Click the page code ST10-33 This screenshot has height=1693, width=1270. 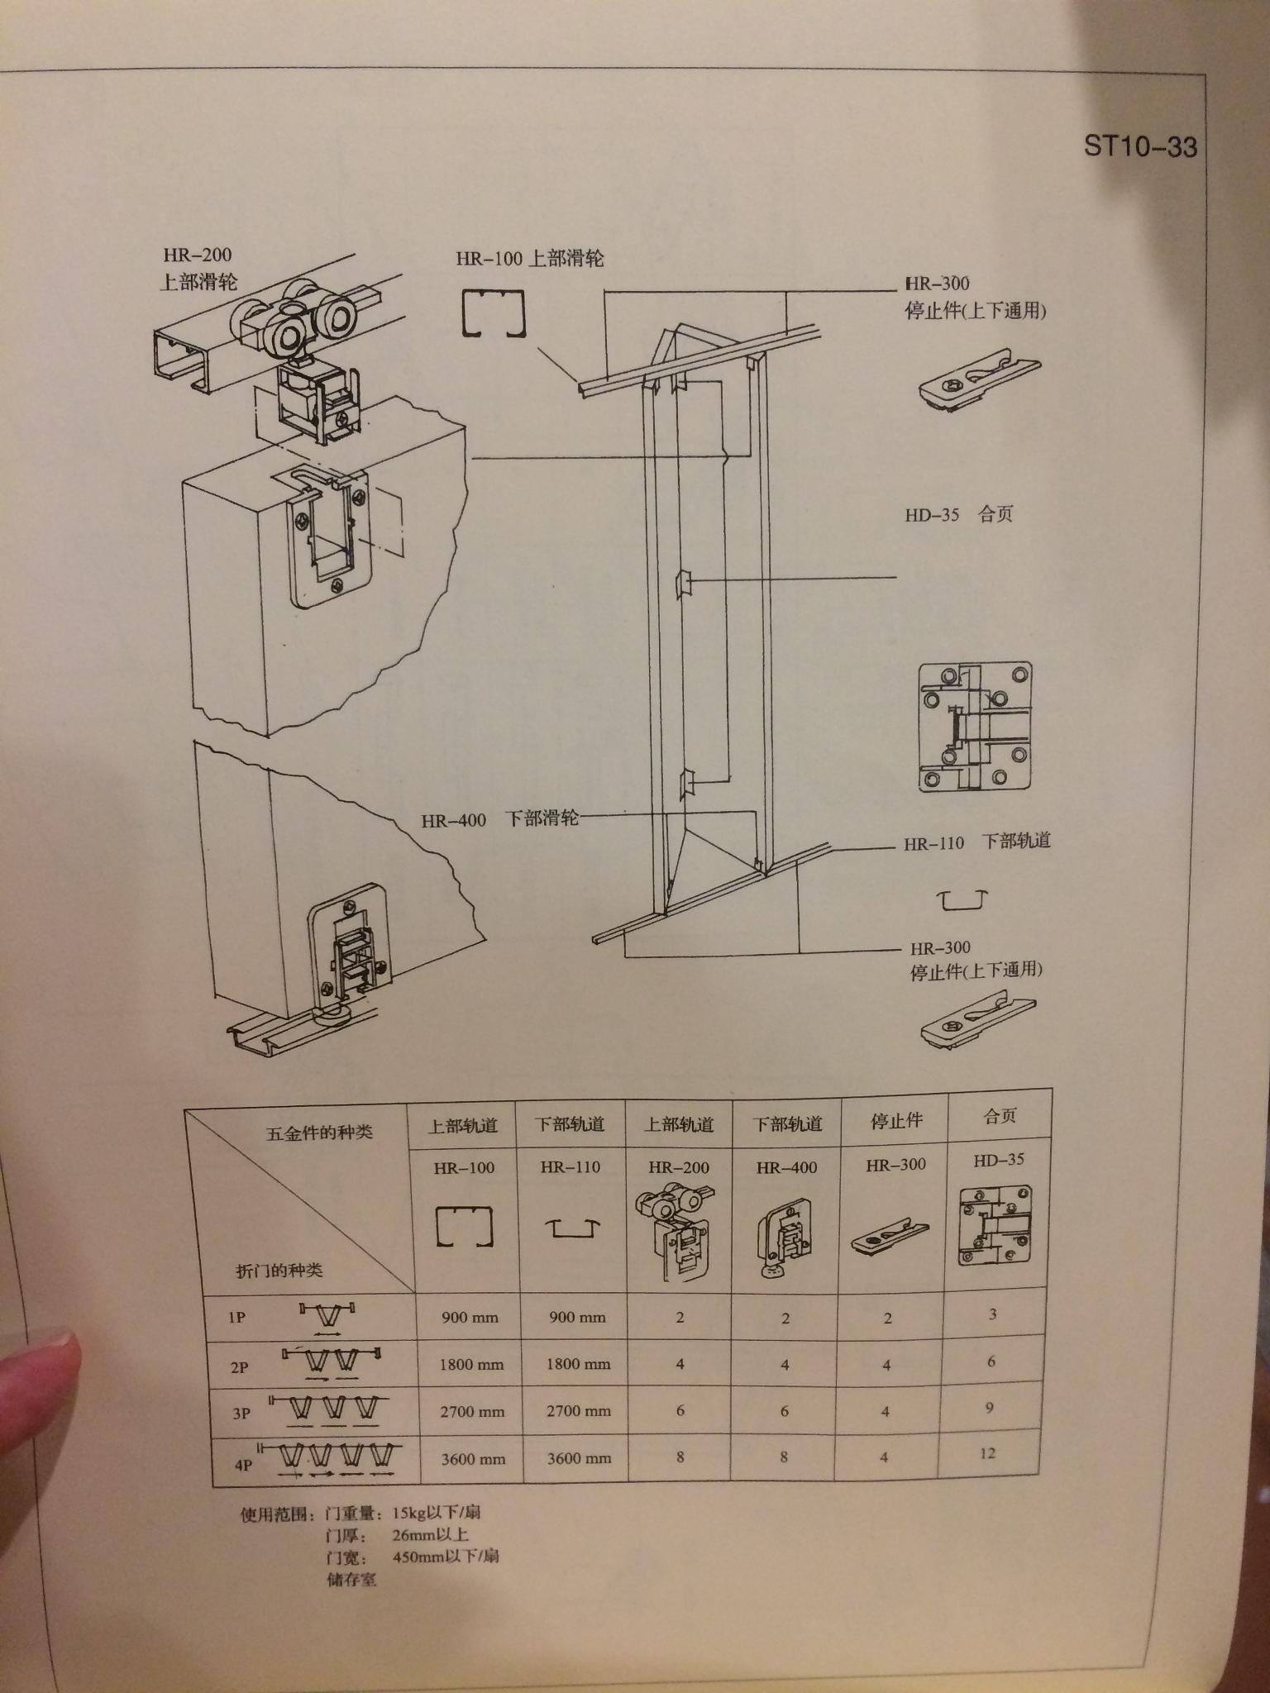pyautogui.click(x=1140, y=146)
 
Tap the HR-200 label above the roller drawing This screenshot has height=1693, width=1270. pyautogui.click(x=198, y=255)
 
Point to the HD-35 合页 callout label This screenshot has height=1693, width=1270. pyautogui.click(x=959, y=514)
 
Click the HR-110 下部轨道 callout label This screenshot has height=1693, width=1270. pyautogui.click(x=977, y=842)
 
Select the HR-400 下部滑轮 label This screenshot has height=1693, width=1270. pyautogui.click(x=499, y=819)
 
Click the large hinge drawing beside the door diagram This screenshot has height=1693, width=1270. pyautogui.click(x=976, y=727)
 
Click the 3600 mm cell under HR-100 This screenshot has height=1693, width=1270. pyautogui.click(x=473, y=1459)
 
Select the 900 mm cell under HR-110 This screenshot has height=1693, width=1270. pyautogui.click(x=577, y=1317)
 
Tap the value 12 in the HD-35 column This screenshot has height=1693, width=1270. pyautogui.click(x=987, y=1452)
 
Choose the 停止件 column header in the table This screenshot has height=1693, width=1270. pyautogui.click(x=896, y=1120)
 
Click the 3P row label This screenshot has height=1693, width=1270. pyautogui.click(x=241, y=1414)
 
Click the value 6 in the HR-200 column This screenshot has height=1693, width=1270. pyautogui.click(x=680, y=1410)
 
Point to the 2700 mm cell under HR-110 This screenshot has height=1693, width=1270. pyautogui.click(x=579, y=1411)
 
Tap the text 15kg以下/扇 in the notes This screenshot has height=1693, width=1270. pyautogui.click(x=437, y=1514)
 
